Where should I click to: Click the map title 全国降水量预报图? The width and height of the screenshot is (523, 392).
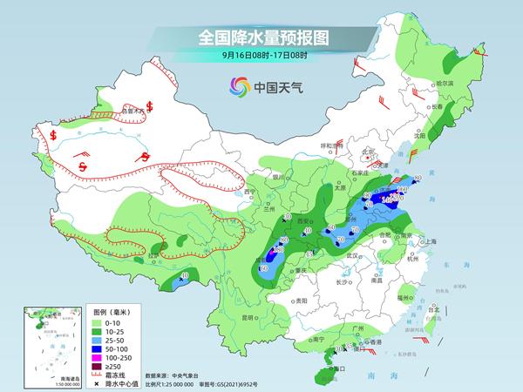tap(261, 37)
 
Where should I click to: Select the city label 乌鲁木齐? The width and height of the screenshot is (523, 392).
tap(132, 112)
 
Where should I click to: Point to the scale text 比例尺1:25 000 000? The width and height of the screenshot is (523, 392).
tap(180, 382)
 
